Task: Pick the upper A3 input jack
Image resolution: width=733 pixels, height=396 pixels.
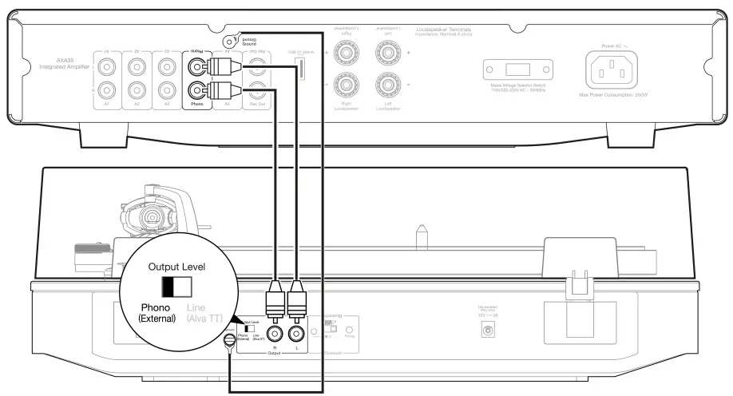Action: click(164, 65)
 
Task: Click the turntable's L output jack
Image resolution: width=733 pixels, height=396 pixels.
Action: click(296, 335)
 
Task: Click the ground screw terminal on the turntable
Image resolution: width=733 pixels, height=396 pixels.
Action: click(230, 342)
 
